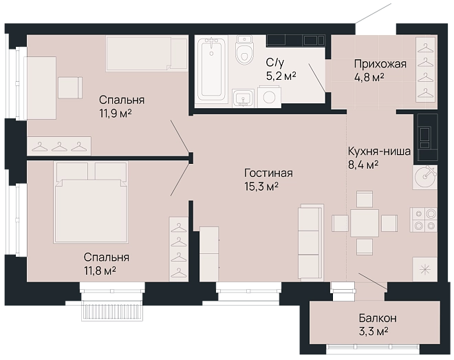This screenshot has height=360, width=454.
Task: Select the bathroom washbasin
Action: coord(244,98)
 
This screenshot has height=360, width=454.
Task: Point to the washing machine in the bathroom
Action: coord(269,96)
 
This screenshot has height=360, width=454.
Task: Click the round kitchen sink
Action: coord(424,178)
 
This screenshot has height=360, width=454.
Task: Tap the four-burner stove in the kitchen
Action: coord(423,220)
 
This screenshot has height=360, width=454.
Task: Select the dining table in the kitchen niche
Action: coord(365,223)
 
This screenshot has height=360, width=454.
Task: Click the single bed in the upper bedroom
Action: coord(147,53)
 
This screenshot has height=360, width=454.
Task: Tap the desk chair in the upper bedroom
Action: coord(70,87)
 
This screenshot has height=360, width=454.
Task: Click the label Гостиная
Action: coord(268,173)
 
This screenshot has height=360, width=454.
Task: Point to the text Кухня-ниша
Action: coord(379,151)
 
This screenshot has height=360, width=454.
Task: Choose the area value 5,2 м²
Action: coord(281,76)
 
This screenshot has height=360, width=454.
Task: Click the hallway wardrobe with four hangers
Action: coord(426,70)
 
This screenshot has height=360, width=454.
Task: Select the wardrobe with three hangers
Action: coord(59,146)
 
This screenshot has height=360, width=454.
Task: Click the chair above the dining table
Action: coord(365,199)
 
